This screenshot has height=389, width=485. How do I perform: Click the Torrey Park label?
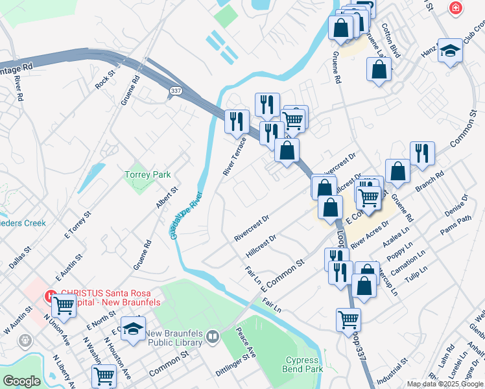click(147, 175)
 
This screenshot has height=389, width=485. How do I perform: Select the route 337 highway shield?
click(176, 91)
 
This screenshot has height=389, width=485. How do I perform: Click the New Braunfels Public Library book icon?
click(213, 336)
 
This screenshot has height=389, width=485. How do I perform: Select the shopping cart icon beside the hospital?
click(64, 305)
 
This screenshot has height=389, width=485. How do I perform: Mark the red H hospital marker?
click(49, 296)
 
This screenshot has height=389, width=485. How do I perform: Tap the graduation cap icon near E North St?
click(132, 328)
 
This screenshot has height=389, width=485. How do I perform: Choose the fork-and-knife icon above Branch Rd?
click(422, 154)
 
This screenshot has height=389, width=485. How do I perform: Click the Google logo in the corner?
click(21, 381)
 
